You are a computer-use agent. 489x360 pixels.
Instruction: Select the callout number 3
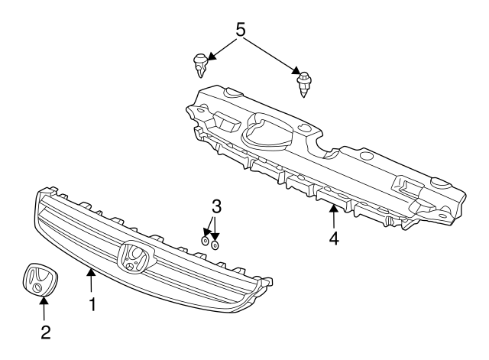[216, 207]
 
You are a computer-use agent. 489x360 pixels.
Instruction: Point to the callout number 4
[333, 238]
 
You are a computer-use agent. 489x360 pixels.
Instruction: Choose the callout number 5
[240, 31]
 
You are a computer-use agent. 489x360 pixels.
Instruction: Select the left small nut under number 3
[205, 241]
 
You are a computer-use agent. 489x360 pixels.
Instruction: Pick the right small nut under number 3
[215, 245]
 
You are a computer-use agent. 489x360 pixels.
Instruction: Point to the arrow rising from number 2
[44, 309]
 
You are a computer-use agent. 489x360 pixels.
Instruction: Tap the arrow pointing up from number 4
[333, 215]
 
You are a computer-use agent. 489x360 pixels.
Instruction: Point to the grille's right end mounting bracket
[267, 287]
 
